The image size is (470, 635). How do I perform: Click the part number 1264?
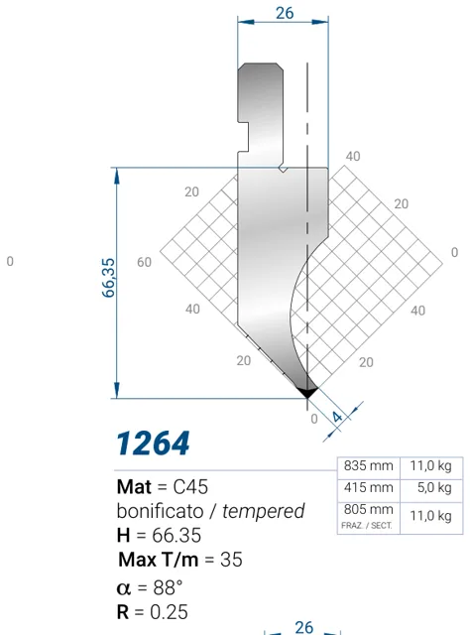point(153,444)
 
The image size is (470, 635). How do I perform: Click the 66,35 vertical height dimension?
point(108,278)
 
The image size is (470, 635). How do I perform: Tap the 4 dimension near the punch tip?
point(336,417)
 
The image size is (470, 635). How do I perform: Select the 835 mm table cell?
point(369,465)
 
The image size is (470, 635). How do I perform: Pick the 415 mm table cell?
point(369,487)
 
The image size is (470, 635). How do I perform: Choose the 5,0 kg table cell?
point(434,487)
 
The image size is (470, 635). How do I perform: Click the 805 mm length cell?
point(369,509)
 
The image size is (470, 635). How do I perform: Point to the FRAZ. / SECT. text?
point(367,526)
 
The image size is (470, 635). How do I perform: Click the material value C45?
point(190,487)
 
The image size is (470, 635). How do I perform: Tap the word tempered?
point(263,511)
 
